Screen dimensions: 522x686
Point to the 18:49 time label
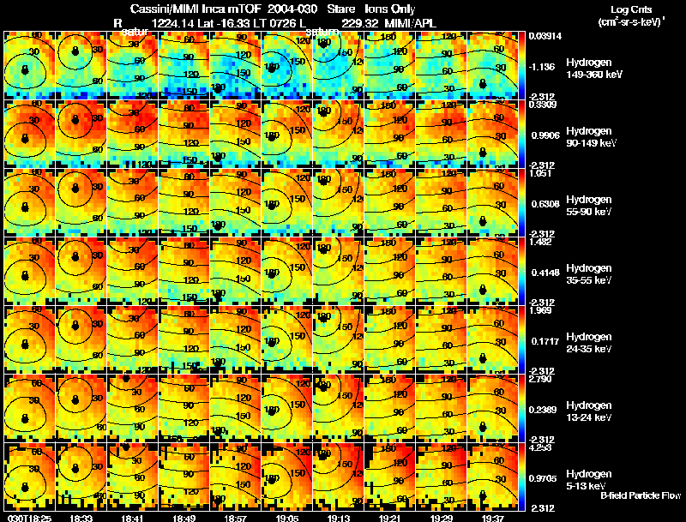[183, 518]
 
